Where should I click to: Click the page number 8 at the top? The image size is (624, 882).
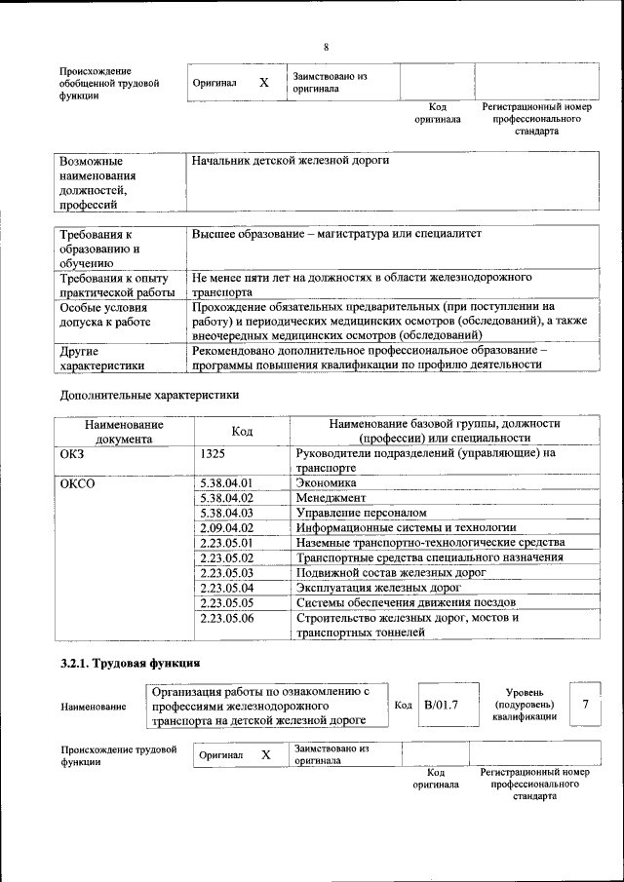tap(326, 48)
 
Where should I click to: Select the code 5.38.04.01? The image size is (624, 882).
tap(226, 482)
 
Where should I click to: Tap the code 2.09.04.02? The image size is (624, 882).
tap(226, 527)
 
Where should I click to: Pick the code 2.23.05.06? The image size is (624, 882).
tap(226, 618)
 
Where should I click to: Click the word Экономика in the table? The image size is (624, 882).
tap(326, 482)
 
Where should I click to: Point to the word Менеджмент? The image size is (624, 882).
tap(331, 497)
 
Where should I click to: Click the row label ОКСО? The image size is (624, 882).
tap(78, 482)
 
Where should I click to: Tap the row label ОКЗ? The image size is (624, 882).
tap(73, 453)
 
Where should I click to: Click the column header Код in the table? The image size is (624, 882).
tap(242, 431)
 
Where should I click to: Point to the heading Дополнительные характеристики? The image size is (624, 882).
tap(149, 396)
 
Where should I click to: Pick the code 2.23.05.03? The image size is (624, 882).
tap(226, 573)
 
